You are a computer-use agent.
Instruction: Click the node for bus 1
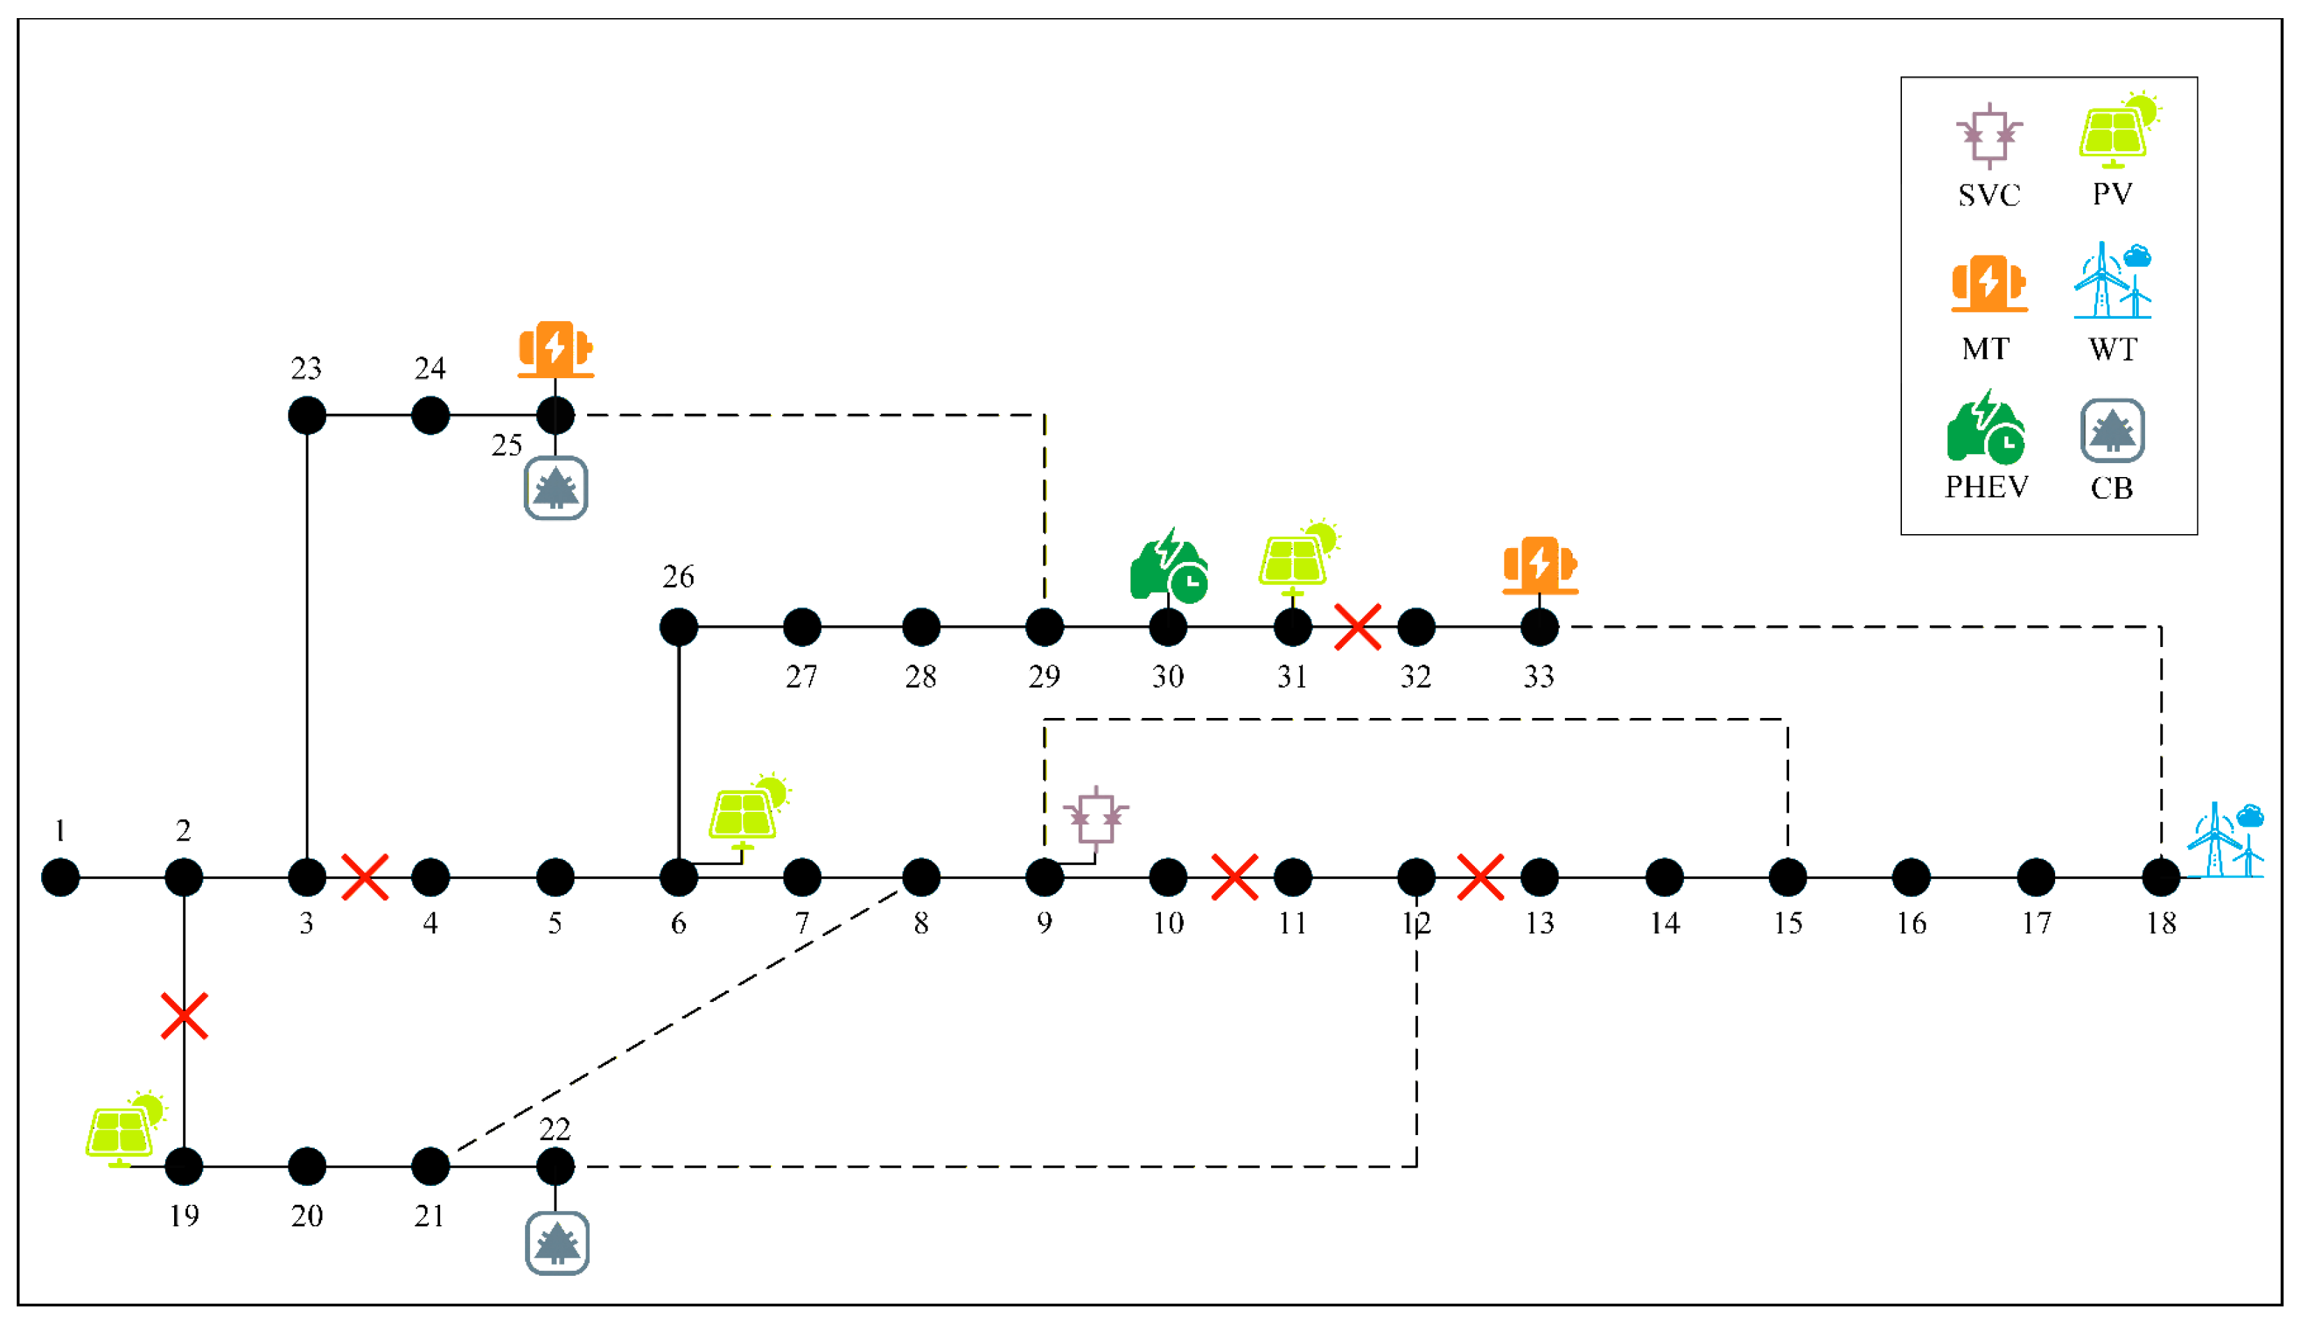click(x=60, y=877)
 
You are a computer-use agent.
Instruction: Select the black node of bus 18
click(x=2160, y=877)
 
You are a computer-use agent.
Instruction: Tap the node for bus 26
click(x=678, y=627)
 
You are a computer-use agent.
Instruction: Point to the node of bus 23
click(x=306, y=415)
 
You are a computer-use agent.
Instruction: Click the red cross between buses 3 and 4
click(x=365, y=877)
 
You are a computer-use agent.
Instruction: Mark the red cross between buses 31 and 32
click(x=1357, y=627)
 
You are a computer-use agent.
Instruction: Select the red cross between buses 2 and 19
click(x=185, y=1016)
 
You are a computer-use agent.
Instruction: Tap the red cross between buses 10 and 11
click(x=1234, y=877)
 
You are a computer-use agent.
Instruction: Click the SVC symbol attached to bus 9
click(x=1095, y=818)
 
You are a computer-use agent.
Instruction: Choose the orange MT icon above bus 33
click(x=1540, y=565)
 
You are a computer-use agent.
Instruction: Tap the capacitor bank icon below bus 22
click(x=556, y=1243)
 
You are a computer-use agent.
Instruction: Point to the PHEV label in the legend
click(x=1986, y=487)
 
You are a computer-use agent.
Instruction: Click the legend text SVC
click(x=1989, y=194)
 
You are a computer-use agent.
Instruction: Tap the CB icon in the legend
click(x=2112, y=430)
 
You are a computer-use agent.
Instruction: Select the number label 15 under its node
click(x=1788, y=923)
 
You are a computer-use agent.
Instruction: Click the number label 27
click(x=802, y=676)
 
